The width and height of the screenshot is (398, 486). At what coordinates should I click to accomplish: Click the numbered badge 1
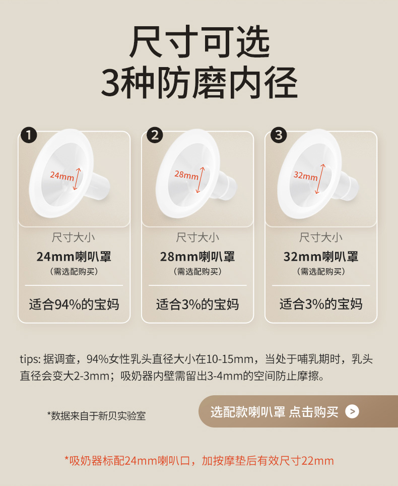coord(29,135)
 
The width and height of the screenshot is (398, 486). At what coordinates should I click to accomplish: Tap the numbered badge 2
coord(155,135)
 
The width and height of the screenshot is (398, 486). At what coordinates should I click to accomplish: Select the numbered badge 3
coord(279,135)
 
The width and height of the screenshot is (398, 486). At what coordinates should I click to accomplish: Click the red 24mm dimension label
coord(62,176)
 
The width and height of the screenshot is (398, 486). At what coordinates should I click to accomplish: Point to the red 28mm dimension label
coord(186,175)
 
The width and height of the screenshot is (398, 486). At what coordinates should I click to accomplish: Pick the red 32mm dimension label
coord(306,176)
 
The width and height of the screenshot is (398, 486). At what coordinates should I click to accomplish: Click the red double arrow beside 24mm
coord(77,179)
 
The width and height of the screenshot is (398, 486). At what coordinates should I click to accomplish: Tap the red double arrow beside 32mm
coord(320,179)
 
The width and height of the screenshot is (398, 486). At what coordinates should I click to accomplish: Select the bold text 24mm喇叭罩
coord(74,257)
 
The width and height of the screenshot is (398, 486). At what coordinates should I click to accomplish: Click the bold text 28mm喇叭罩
coord(197,257)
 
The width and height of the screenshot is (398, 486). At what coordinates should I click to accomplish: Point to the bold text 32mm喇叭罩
coord(321,257)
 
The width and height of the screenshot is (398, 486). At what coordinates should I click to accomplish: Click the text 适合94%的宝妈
coord(74,304)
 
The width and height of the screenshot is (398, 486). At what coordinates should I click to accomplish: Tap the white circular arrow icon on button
coord(352,411)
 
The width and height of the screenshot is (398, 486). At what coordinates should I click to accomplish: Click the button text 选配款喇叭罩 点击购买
coord(275,412)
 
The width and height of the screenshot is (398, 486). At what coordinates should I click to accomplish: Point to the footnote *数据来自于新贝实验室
coord(96,415)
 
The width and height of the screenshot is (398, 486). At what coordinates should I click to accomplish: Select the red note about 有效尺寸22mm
coord(199,461)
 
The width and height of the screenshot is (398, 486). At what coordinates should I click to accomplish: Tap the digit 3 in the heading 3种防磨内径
coord(110,82)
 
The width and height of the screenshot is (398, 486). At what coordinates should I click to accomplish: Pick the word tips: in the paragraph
coord(30,359)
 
